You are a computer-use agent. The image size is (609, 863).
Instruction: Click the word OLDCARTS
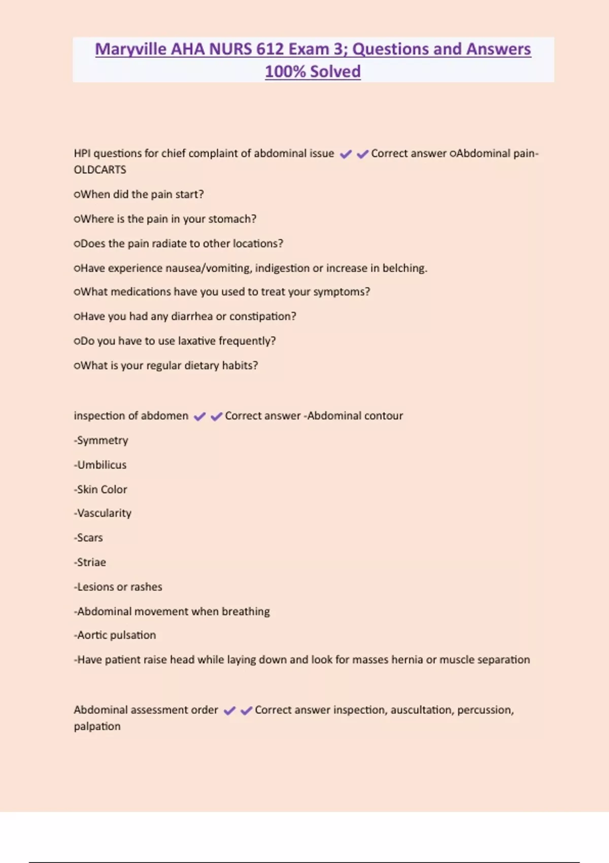click(100, 170)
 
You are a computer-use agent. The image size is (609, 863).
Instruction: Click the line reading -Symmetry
click(101, 441)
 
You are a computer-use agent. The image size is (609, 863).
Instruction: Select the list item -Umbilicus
click(100, 465)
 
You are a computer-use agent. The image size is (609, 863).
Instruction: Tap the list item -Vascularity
click(103, 513)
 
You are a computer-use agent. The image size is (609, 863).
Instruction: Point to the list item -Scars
click(89, 538)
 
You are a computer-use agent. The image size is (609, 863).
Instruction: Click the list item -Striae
click(90, 562)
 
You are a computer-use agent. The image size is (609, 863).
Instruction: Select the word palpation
click(97, 726)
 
